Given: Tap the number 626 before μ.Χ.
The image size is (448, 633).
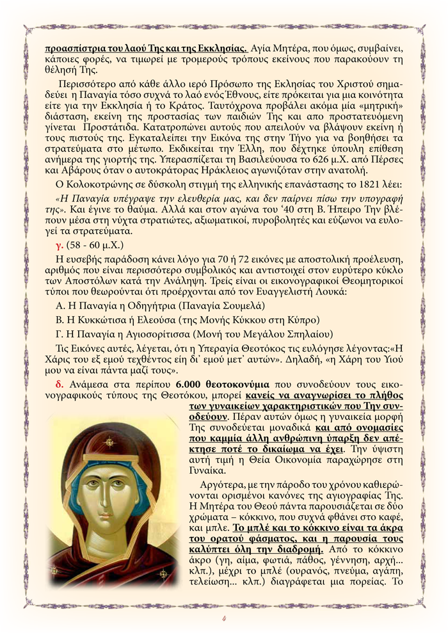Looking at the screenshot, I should [x=308, y=157].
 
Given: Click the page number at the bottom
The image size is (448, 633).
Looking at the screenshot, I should [x=224, y=618].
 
